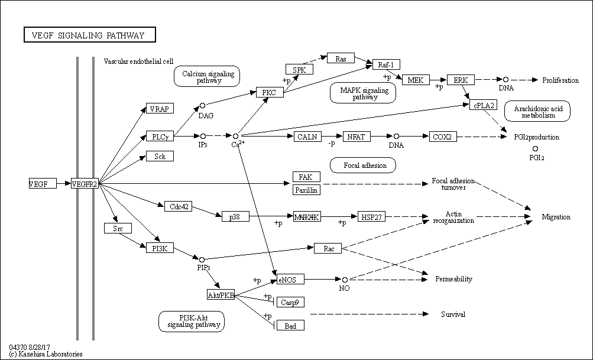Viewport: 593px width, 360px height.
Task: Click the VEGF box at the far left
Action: (43, 184)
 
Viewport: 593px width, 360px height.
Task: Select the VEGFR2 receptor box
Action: (85, 184)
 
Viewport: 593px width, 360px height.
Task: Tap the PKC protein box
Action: (270, 92)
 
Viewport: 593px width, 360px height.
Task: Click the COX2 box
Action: (442, 137)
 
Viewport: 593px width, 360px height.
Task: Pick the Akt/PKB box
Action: (220, 295)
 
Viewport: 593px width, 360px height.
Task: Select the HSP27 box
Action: (371, 217)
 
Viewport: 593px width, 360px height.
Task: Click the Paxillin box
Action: (306, 190)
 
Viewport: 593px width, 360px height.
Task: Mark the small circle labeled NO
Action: (345, 279)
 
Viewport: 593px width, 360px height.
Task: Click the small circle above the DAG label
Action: (202, 105)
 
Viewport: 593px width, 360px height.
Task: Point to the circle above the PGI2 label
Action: (536, 148)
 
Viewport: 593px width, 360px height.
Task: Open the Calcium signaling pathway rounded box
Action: (207, 77)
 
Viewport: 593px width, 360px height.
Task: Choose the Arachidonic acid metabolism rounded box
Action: (542, 112)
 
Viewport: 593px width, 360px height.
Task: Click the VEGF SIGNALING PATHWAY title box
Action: (89, 35)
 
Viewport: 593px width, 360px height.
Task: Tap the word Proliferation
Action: (560, 80)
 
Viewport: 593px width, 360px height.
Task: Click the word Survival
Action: (453, 314)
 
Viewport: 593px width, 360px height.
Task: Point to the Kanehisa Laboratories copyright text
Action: (46, 354)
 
